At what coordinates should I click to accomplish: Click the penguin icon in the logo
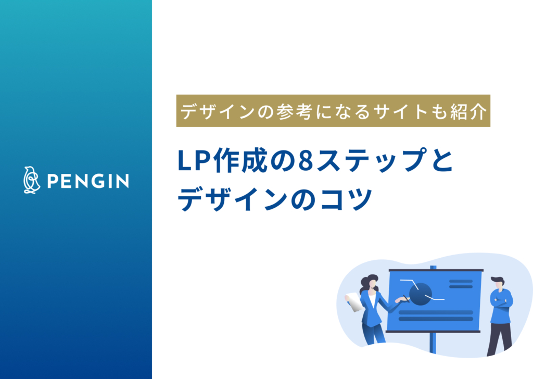tap(32, 180)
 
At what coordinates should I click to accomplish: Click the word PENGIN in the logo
tap(88, 181)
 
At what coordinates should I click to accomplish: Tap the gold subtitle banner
tap(333, 111)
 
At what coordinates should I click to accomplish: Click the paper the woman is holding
tap(354, 302)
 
